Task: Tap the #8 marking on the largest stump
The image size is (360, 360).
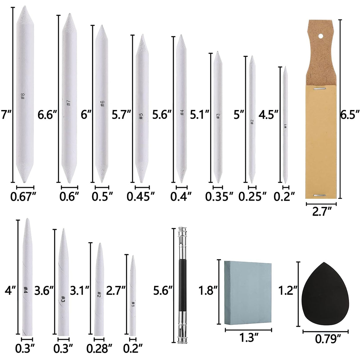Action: (x=23, y=96)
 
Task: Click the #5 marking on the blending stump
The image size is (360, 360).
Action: (x=141, y=116)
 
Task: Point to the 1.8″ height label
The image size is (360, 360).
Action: (x=206, y=291)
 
